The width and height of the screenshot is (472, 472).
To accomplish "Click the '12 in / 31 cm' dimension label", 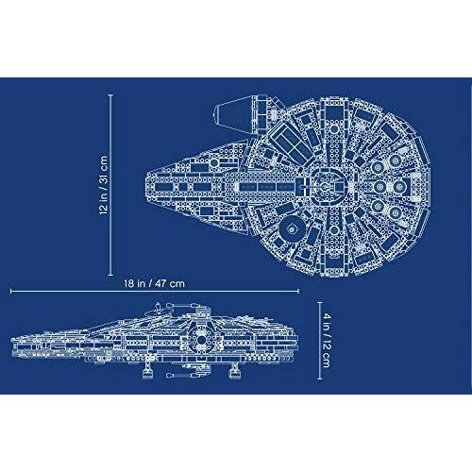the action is (104, 185).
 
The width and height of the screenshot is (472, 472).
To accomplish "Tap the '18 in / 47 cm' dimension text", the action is (154, 283).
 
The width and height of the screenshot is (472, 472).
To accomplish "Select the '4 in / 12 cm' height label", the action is (327, 341).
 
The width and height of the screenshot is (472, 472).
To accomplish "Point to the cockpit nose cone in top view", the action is (228, 112).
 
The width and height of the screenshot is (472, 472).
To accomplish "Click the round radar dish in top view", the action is (293, 228).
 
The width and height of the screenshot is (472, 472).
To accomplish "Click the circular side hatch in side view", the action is (201, 340).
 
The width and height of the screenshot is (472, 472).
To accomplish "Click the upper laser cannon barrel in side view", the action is (179, 305).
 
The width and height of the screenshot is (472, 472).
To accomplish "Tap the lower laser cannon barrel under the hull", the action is (180, 375).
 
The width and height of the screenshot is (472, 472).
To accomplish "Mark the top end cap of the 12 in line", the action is (110, 94).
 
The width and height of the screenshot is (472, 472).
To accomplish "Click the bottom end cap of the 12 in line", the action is (110, 276).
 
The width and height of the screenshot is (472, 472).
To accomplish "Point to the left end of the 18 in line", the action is (11, 292).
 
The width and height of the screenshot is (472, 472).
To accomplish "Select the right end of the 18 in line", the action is (298, 292).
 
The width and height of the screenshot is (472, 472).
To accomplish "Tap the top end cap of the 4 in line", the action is (320, 302).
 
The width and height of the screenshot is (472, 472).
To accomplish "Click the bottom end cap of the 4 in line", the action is (320, 379).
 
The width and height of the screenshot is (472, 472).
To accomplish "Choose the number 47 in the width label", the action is (160, 283).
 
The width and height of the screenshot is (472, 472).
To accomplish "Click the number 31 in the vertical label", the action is (104, 179).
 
